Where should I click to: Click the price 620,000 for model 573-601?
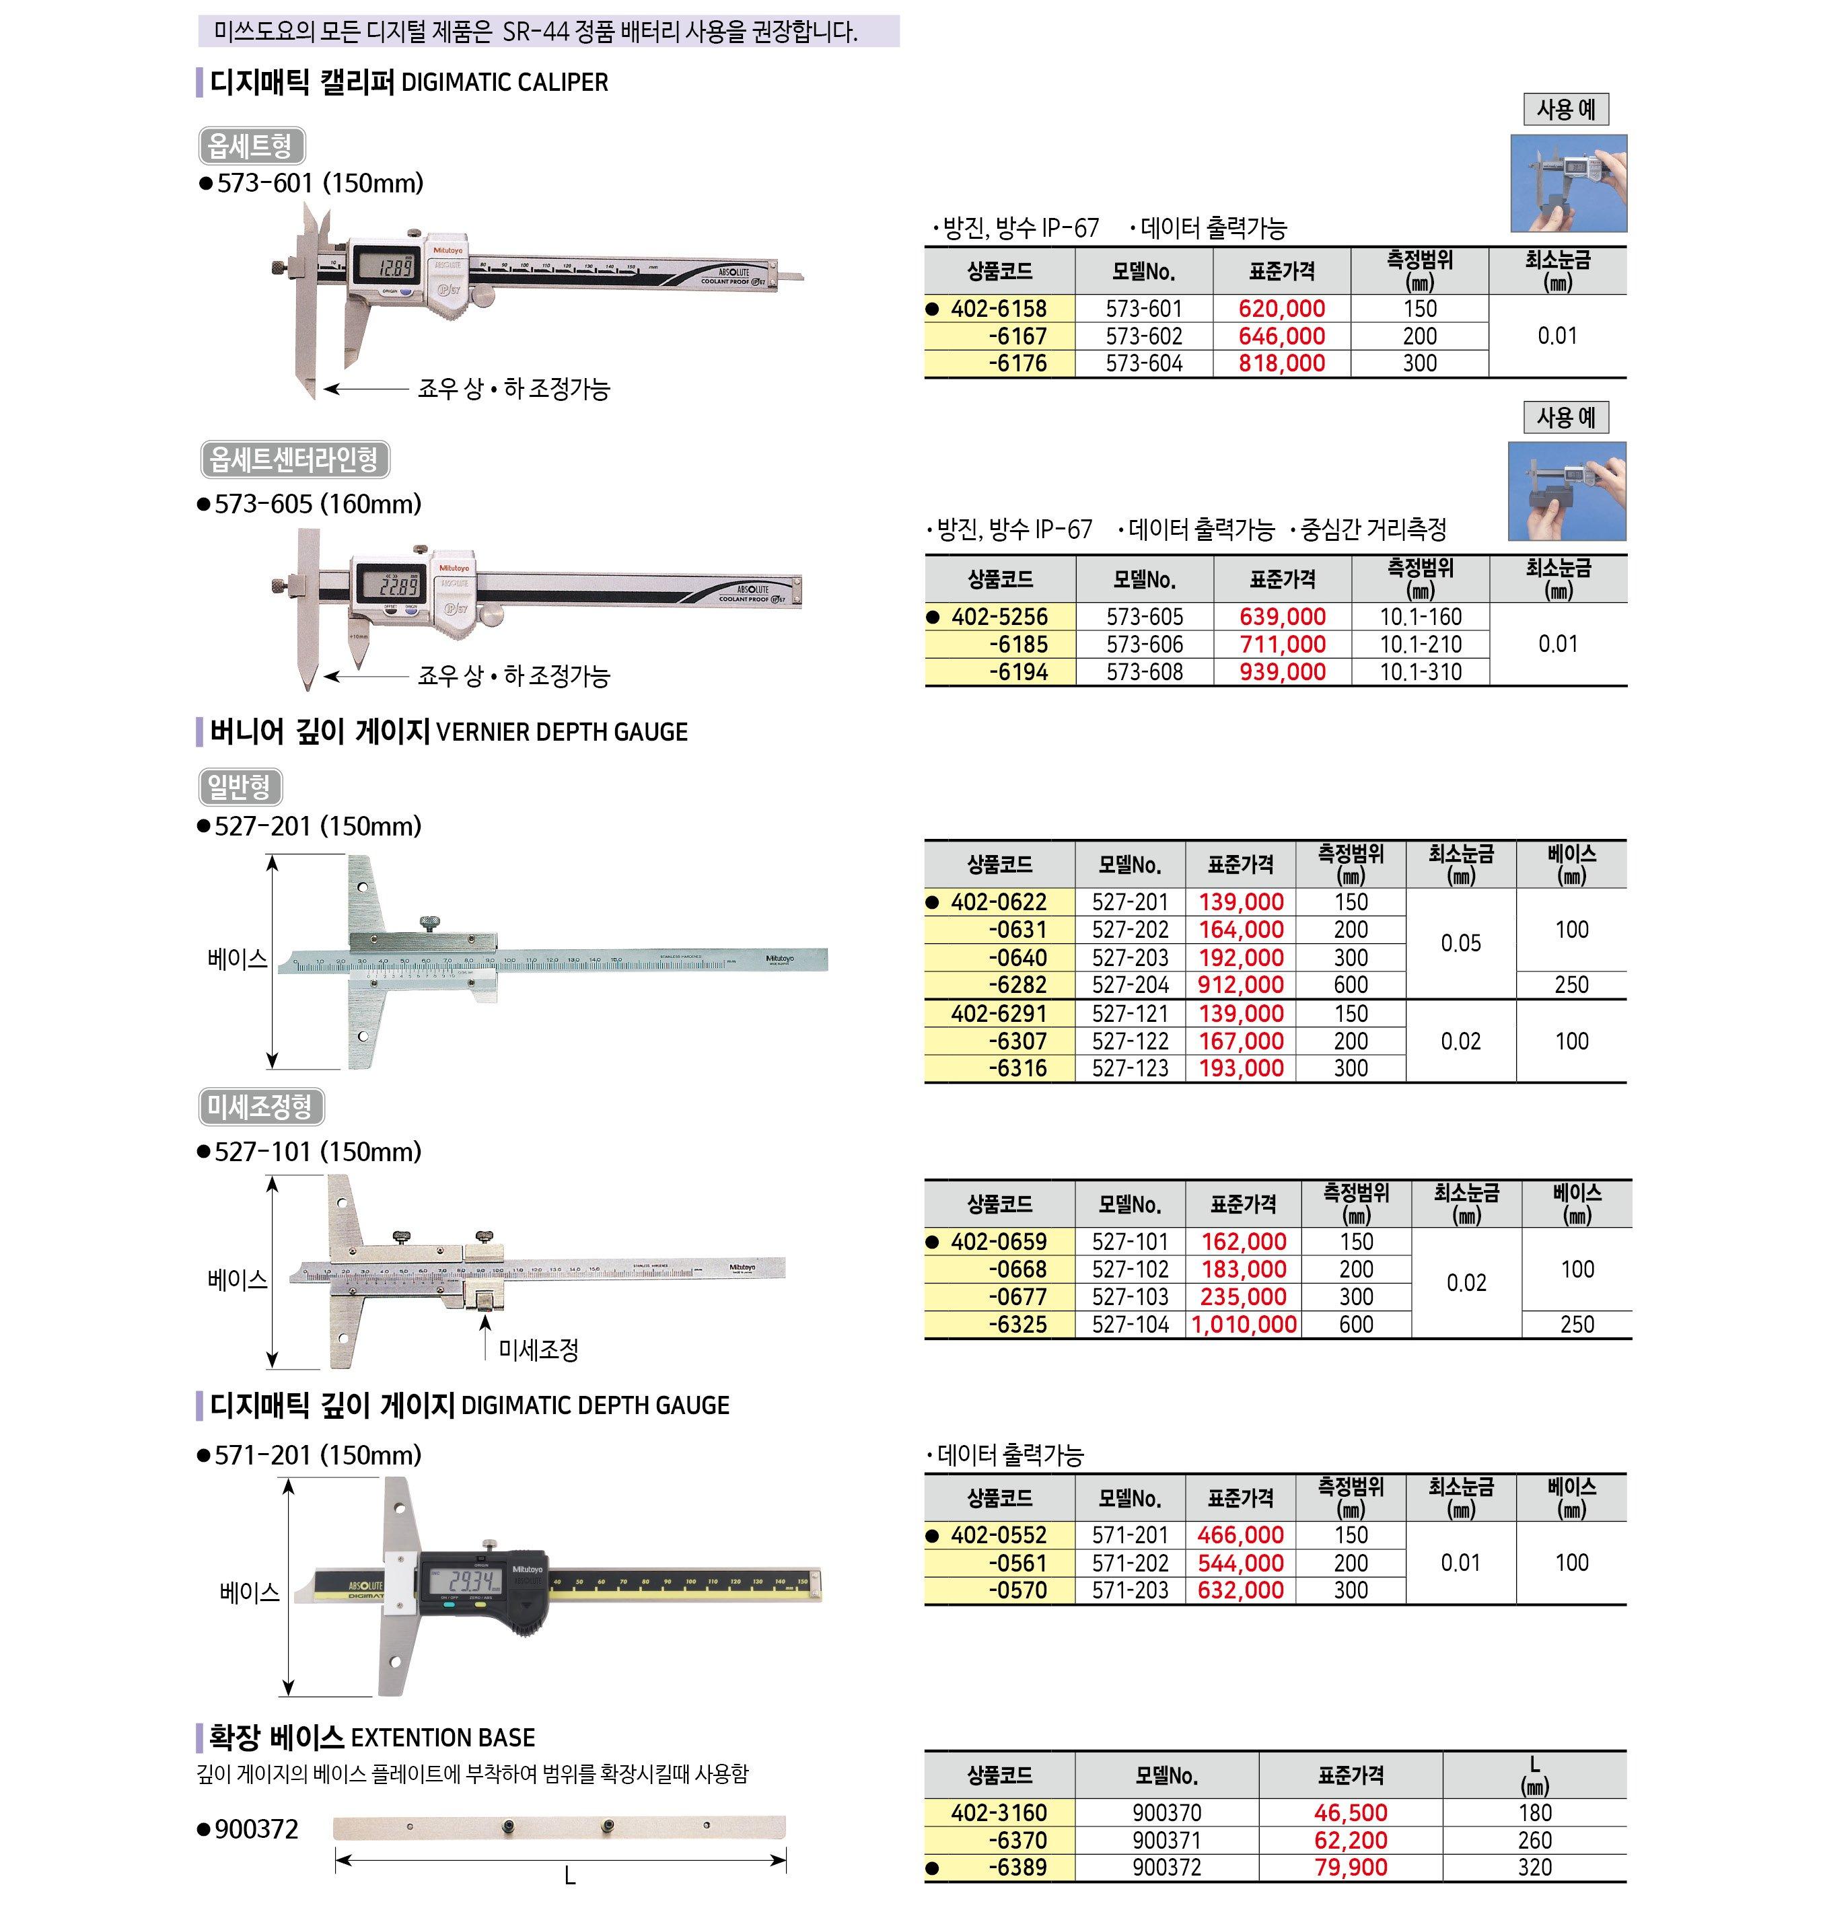[1281, 309]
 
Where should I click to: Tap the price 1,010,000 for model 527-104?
[1244, 1325]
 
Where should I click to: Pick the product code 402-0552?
[999, 1535]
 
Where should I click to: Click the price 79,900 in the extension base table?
[1351, 1867]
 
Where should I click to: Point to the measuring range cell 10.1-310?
[1421, 672]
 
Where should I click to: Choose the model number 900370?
[1166, 1813]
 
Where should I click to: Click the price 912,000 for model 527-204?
[1240, 984]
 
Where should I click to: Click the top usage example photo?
[1568, 184]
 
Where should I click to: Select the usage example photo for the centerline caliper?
[1566, 491]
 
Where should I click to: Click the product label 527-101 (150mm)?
[318, 1152]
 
